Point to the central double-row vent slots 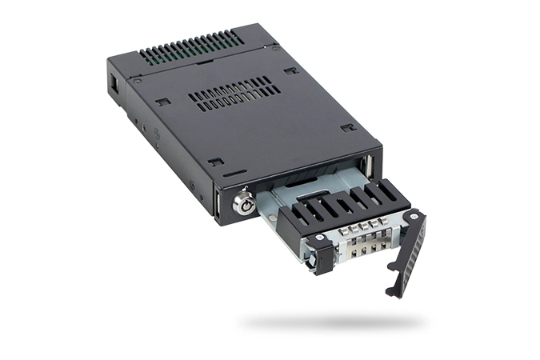(234, 94)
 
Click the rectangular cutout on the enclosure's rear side (115, 82)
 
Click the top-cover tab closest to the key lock (215, 162)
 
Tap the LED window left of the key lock (217, 203)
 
